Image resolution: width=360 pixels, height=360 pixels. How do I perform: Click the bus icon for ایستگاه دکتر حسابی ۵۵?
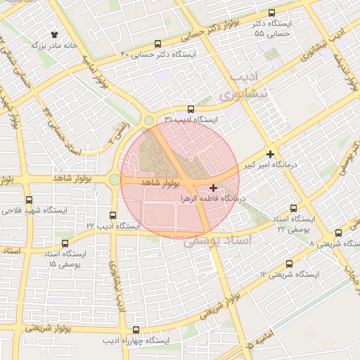tap(272, 13)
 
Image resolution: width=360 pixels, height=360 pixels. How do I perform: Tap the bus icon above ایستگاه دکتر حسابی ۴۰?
tap(157, 43)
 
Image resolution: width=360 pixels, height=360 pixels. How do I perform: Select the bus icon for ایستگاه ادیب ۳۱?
tap(191, 109)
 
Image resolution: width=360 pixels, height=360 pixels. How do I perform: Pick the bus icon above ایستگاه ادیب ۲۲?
tap(112, 215)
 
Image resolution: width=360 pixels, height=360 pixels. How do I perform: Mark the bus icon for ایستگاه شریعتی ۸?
tap(338, 233)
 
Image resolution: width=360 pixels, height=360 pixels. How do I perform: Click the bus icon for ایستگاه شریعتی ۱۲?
tap(289, 264)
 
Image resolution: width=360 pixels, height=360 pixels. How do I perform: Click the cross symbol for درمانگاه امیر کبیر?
tap(271, 153)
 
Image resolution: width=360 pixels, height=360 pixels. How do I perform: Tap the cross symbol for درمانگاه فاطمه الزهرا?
tap(214, 188)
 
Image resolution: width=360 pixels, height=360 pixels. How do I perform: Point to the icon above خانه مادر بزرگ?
tap(54, 34)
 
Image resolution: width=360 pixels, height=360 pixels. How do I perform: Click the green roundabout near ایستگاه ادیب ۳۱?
tap(149, 120)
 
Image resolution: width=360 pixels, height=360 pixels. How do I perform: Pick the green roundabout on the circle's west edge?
tap(115, 180)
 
